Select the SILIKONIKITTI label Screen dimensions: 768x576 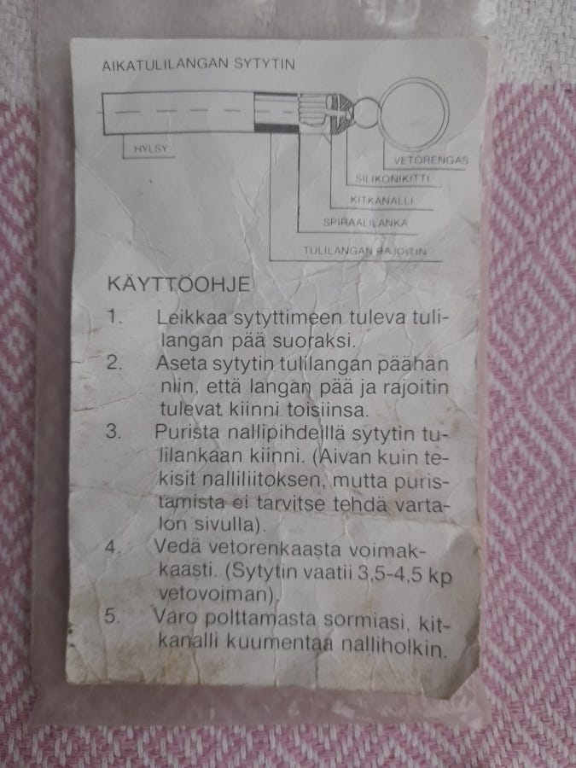(392, 179)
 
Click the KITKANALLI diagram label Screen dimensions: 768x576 (381, 201)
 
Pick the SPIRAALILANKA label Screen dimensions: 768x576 (365, 224)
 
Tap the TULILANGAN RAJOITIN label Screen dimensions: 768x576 (364, 251)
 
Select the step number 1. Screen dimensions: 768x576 (116, 317)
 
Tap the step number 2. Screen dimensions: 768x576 (116, 362)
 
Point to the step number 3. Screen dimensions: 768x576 (116, 430)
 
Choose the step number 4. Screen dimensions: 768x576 (116, 546)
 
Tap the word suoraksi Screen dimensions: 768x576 (328, 340)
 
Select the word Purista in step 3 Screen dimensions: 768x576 (189, 431)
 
